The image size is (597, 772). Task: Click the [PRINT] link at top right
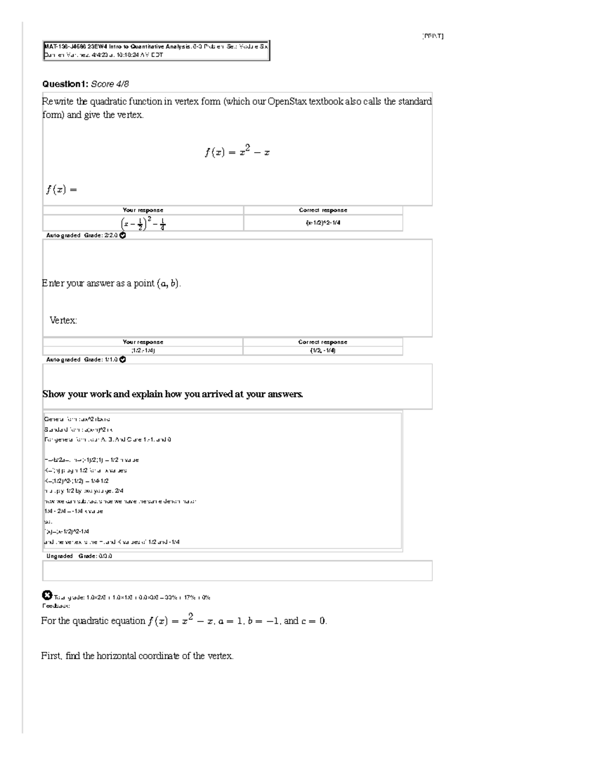432,36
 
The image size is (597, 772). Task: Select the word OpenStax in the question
287,102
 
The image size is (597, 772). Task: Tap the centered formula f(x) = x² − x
237,152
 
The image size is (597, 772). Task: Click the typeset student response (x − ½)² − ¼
143,224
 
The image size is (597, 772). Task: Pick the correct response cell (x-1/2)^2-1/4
323,223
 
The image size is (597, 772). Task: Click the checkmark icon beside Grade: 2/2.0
123,236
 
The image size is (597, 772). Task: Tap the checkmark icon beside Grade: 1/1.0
123,360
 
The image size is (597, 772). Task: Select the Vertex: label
63,321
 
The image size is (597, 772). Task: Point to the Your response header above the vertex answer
143,342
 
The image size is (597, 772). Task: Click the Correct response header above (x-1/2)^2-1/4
323,210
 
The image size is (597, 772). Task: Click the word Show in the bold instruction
54,395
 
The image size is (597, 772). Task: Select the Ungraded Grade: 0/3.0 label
79,556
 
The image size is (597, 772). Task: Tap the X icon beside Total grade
47,595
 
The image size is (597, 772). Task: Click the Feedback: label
55,606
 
